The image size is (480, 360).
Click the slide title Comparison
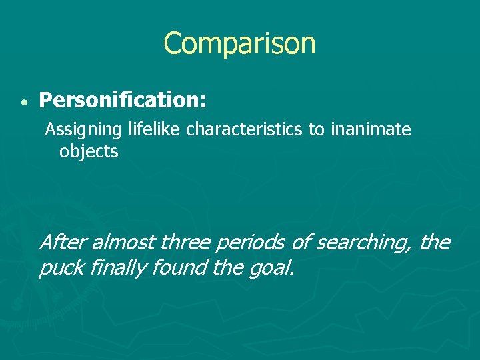[239, 43]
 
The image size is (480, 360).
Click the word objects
[89, 151]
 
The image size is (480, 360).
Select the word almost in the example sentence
[123, 242]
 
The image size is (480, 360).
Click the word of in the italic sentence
[301, 242]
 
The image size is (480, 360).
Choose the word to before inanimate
[316, 129]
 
